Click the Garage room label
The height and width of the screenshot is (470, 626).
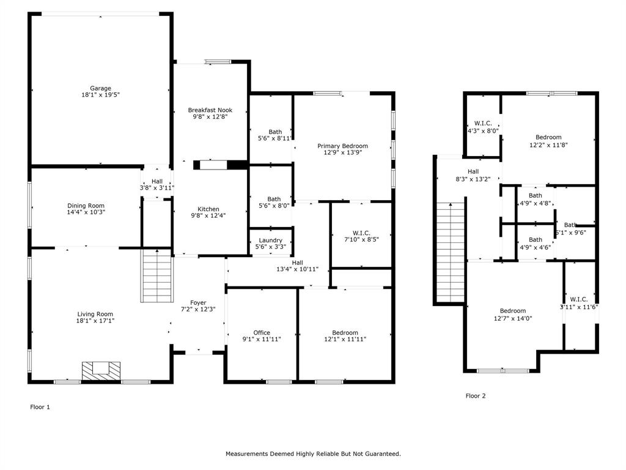(x=101, y=88)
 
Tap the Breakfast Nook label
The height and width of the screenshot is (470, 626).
(x=210, y=110)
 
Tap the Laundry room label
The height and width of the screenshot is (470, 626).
(x=270, y=241)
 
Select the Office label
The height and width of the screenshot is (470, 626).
(x=262, y=333)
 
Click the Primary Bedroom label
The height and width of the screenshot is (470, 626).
(x=342, y=146)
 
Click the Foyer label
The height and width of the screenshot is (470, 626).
(x=198, y=303)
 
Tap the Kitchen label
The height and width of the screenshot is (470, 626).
(x=208, y=209)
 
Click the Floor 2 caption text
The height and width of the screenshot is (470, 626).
(x=476, y=396)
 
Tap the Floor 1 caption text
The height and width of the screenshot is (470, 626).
(x=40, y=406)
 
